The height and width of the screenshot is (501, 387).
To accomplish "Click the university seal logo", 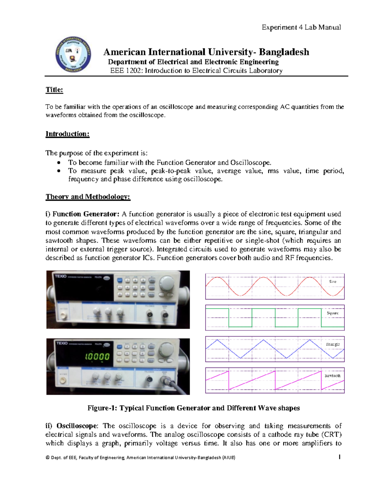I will (x=73, y=54).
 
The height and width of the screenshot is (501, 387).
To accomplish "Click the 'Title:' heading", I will (x=54, y=90).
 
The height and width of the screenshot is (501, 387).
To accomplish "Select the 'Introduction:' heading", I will (x=67, y=134).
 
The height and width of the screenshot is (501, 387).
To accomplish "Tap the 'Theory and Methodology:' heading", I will (x=88, y=197).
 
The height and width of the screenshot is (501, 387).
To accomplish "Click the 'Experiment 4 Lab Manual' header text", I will (x=301, y=27).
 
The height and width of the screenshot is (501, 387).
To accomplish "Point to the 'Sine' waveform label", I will (x=332, y=282).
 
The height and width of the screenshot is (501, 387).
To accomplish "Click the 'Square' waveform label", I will (x=332, y=313).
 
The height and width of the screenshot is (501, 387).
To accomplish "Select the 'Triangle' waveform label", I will (x=332, y=344).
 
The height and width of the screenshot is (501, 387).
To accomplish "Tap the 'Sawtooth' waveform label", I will (x=332, y=376).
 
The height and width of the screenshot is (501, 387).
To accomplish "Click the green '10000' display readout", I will (x=97, y=357).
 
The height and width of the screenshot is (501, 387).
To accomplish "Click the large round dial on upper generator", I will (x=167, y=283).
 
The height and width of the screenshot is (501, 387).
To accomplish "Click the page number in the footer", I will (x=340, y=457).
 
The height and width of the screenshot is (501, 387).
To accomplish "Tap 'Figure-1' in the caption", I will (x=102, y=408).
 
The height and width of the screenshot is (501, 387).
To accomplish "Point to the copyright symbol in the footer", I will (x=48, y=457).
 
